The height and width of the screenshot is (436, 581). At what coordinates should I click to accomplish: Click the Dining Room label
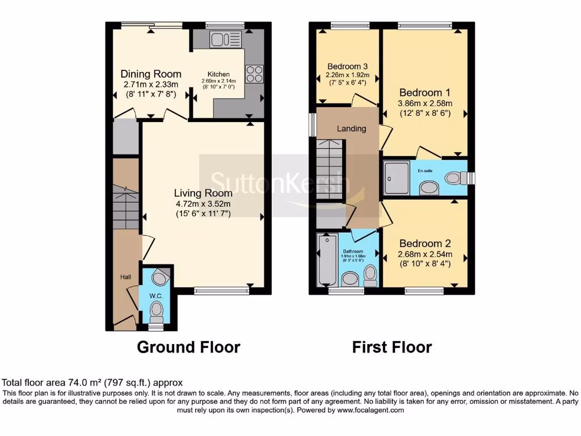[x=151, y=74]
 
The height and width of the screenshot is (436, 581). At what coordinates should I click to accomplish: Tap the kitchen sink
[x=225, y=39]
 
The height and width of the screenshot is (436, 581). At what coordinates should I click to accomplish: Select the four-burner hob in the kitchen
[x=254, y=74]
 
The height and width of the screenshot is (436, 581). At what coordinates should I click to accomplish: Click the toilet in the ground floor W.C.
[x=156, y=311]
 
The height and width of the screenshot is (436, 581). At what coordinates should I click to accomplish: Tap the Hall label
[x=125, y=276]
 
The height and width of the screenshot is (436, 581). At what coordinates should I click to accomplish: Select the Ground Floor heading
[x=188, y=347]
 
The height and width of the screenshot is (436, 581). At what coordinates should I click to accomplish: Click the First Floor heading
[x=391, y=347]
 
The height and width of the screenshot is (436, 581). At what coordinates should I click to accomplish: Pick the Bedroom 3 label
[x=348, y=66]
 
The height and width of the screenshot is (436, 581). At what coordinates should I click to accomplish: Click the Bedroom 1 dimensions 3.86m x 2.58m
[x=426, y=103]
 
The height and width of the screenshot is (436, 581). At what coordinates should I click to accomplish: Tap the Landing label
[x=351, y=128]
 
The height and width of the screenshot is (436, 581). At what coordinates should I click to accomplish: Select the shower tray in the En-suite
[x=396, y=178]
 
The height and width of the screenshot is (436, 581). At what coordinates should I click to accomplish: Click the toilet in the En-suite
[x=456, y=178]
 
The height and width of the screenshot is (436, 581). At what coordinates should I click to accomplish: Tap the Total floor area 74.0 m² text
[x=92, y=383]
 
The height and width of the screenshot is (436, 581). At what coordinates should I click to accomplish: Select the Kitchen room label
[x=218, y=74]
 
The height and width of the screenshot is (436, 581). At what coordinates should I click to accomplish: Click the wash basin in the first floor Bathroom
[x=350, y=278]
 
